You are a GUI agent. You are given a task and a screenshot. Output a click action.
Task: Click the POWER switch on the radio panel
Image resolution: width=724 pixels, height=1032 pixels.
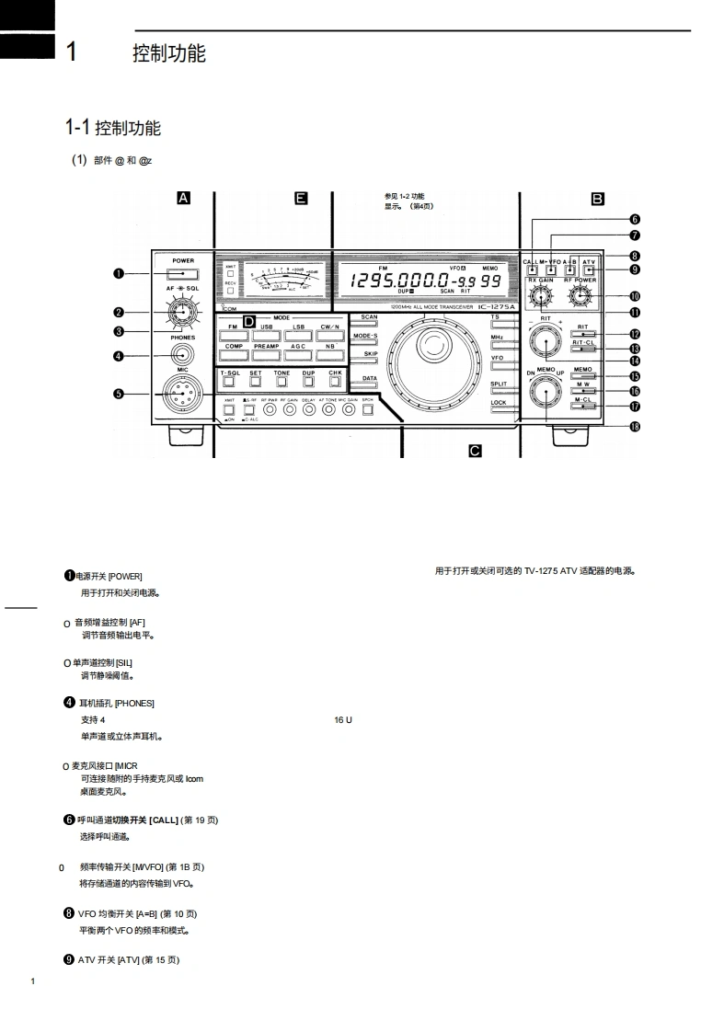click(183, 273)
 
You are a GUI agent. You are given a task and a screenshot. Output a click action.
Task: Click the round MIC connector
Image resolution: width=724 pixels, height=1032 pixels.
click(182, 396)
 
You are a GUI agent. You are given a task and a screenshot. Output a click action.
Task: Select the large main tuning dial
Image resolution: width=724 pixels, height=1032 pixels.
click(431, 358)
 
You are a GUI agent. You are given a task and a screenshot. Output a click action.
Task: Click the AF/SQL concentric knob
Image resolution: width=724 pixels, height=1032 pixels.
click(182, 313)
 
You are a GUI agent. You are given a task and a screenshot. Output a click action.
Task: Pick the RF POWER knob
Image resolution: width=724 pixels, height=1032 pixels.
click(580, 296)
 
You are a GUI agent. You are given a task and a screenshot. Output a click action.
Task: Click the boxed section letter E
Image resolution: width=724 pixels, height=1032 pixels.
click(301, 198)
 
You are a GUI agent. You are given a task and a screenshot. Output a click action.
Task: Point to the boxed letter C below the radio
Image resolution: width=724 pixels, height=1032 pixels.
click(475, 450)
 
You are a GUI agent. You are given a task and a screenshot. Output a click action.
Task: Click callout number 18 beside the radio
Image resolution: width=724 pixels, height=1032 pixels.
click(635, 426)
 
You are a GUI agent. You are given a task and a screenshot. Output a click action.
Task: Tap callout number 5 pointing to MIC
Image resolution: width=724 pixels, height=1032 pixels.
click(119, 395)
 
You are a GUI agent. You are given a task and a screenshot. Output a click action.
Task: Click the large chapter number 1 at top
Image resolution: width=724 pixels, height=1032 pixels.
click(71, 52)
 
